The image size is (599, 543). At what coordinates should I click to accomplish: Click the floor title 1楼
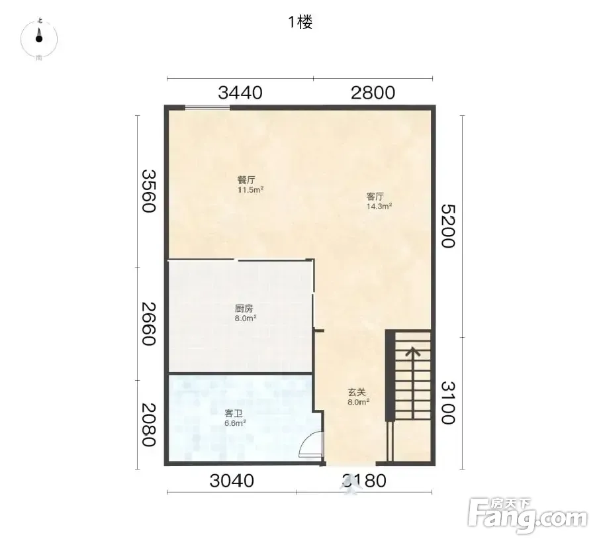pos(300,22)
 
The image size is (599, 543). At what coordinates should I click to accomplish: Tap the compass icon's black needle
pos(39,36)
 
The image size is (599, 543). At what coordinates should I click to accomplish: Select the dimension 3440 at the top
pos(240,93)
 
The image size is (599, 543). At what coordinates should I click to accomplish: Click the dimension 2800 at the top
pos(373,93)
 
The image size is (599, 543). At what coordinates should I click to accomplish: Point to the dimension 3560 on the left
pos(149,191)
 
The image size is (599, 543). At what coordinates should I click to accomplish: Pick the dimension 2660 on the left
pos(149,324)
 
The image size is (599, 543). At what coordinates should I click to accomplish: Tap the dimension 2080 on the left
pos(149,424)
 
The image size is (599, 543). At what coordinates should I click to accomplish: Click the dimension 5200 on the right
pos(448,226)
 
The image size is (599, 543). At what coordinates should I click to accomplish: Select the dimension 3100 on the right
pos(448,403)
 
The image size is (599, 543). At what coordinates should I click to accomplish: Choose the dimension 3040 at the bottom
pos(232,481)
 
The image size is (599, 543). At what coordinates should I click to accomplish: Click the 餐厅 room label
pos(246,179)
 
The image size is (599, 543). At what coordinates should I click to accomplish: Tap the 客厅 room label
pos(375,197)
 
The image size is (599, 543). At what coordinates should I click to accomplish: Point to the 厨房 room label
pos(244,309)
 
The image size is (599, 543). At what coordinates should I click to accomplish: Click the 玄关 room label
pos(357,392)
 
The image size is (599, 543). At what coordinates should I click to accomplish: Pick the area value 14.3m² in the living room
pos(379,207)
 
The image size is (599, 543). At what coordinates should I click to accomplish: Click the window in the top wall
pos(207,108)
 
